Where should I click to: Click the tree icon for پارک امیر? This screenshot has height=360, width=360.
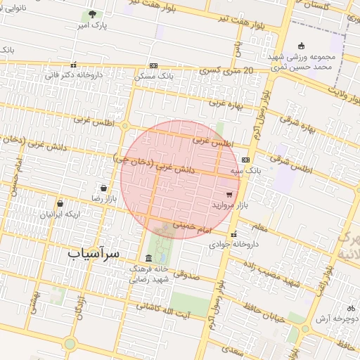[92, 15]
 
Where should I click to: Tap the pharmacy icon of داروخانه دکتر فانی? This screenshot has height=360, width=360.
[74, 65]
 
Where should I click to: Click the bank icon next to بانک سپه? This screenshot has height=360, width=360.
[245, 160]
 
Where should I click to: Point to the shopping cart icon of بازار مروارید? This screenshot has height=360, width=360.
[229, 194]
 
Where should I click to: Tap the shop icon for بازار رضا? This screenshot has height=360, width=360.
[104, 188]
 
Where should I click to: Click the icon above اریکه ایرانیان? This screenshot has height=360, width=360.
[60, 203]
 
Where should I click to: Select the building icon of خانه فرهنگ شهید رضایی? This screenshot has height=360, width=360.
[148, 257]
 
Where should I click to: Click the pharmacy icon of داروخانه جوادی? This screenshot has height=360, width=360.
[233, 235]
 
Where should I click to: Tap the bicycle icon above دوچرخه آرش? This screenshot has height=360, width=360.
[351, 308]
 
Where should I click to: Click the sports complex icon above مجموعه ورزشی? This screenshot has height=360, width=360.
[301, 46]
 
